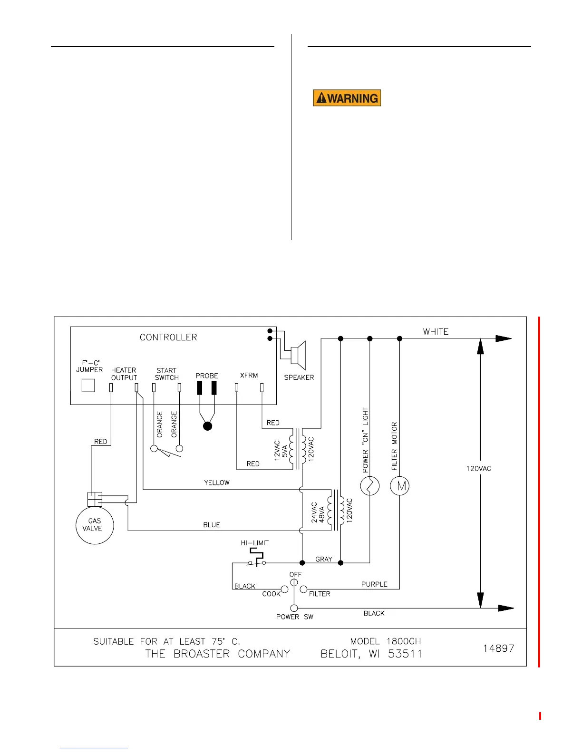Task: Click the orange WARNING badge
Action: pyautogui.click(x=347, y=98)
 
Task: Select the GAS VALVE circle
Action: pyautogui.click(x=95, y=525)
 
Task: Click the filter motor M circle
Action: pyautogui.click(x=399, y=486)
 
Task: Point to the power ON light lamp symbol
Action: pyautogui.click(x=369, y=486)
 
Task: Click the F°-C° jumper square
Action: pyautogui.click(x=88, y=385)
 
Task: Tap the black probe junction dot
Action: pyautogui.click(x=207, y=426)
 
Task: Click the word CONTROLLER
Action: pyautogui.click(x=168, y=337)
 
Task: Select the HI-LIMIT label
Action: pyautogui.click(x=254, y=543)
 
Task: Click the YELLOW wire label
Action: pyautogui.click(x=217, y=483)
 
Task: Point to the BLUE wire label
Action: pyautogui.click(x=212, y=525)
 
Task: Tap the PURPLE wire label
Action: pyautogui.click(x=374, y=584)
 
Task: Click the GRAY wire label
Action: pyautogui.click(x=324, y=559)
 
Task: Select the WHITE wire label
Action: pyautogui.click(x=436, y=332)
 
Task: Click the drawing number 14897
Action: pyautogui.click(x=498, y=648)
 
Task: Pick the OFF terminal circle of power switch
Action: pyautogui.click(x=294, y=582)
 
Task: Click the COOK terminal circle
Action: pyautogui.click(x=284, y=589)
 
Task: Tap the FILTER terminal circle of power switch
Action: pyautogui.click(x=303, y=589)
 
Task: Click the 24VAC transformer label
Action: pyautogui.click(x=314, y=512)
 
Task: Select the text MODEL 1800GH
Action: pyautogui.click(x=386, y=641)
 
